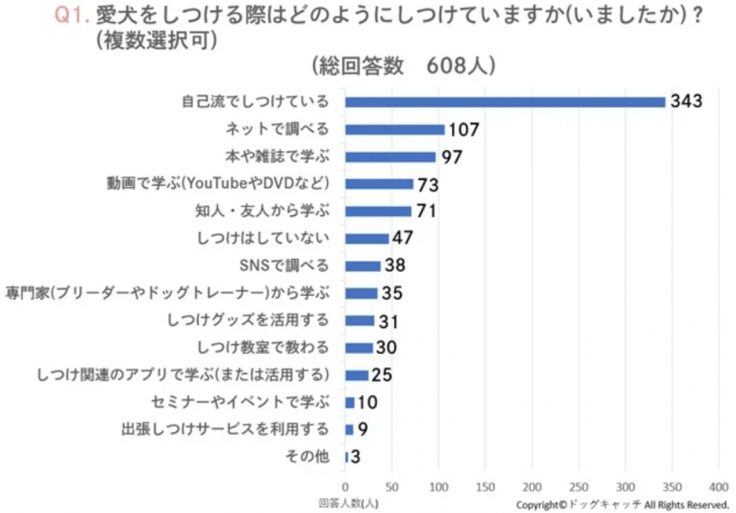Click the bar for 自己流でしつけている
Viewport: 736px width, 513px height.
[x=505, y=102]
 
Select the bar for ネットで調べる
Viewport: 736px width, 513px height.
[x=395, y=129]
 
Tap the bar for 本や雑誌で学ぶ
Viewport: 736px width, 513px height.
[x=390, y=156]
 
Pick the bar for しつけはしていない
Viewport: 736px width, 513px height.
[x=367, y=238]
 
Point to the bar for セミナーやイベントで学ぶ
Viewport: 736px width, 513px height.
[x=349, y=402]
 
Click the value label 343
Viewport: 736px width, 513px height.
[x=686, y=102]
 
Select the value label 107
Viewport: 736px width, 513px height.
[x=463, y=130]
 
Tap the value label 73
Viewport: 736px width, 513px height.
[x=427, y=184]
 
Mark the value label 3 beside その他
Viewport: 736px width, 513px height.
[x=354, y=457]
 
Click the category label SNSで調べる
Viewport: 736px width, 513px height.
[x=283, y=265]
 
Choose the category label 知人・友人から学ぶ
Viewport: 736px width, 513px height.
[x=260, y=211]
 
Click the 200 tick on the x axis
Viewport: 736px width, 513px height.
[x=531, y=486]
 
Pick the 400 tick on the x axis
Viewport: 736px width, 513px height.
[x=718, y=486]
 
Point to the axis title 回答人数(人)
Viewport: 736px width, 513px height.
[x=348, y=503]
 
